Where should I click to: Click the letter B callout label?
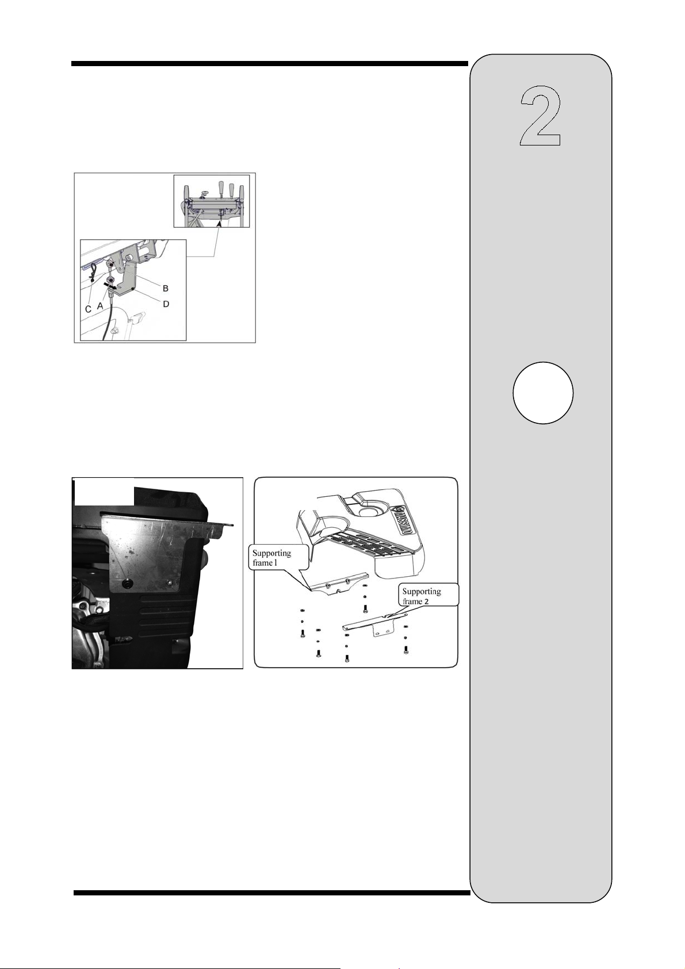tap(165, 288)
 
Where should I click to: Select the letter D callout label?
tap(166, 304)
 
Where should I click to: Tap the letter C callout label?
tap(88, 309)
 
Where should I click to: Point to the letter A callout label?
tap(100, 305)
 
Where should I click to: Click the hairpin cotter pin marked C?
tap(93, 273)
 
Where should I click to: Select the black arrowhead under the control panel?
tap(219, 223)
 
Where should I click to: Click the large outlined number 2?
tap(541, 116)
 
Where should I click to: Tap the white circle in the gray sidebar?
tap(543, 393)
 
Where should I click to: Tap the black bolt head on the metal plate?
tap(127, 584)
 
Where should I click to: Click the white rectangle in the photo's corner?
tap(104, 492)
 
